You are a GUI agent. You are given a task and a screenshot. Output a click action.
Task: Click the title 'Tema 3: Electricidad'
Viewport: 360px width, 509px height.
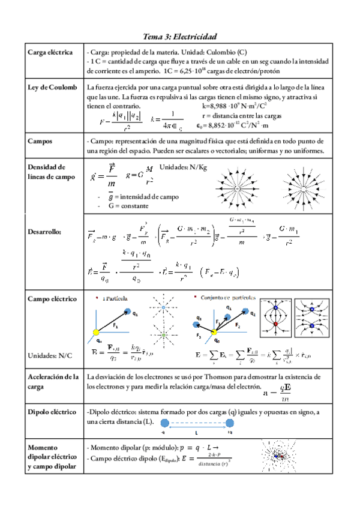pos(179,37)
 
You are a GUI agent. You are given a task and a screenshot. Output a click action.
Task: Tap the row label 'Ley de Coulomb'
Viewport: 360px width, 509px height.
pos(53,87)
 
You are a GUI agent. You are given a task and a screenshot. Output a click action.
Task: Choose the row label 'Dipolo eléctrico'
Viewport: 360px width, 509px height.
pos(52,412)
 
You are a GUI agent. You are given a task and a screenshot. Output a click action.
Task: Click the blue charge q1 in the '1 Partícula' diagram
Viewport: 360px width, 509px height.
pos(127,311)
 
